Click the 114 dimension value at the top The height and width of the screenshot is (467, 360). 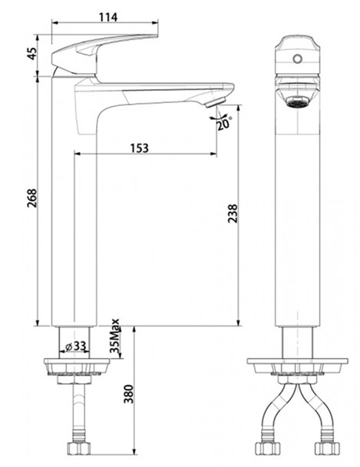(x=108, y=17)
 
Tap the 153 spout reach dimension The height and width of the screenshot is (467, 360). (x=139, y=148)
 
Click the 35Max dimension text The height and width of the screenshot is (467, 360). (x=114, y=337)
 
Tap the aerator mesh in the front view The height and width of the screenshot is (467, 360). (x=296, y=102)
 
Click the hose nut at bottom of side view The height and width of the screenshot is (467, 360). (x=79, y=448)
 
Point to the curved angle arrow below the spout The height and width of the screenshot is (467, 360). (x=217, y=117)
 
